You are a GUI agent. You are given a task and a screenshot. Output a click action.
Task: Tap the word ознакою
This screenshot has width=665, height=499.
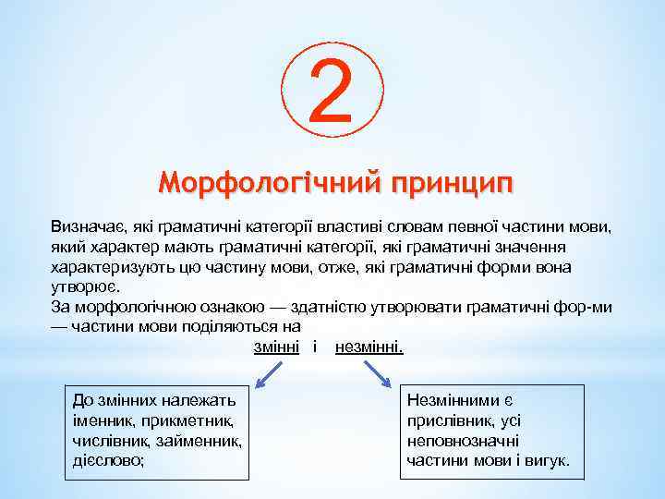(x=212, y=307)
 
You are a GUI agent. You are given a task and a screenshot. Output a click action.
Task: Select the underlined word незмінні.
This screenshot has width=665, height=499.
(x=370, y=347)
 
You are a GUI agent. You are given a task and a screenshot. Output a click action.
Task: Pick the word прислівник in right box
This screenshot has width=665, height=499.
(x=449, y=421)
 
